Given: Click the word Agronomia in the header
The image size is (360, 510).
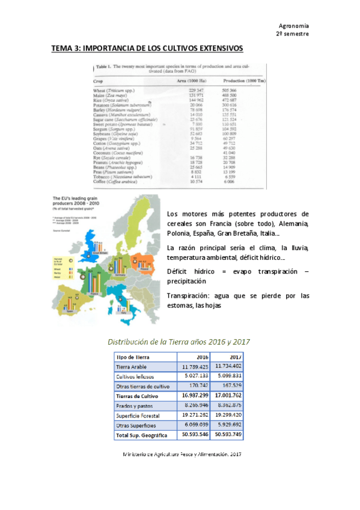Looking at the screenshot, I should click(x=294, y=26).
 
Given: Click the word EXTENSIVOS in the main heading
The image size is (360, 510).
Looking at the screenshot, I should click(x=212, y=48).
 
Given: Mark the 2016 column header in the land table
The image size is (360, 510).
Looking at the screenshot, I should click(x=202, y=356).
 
